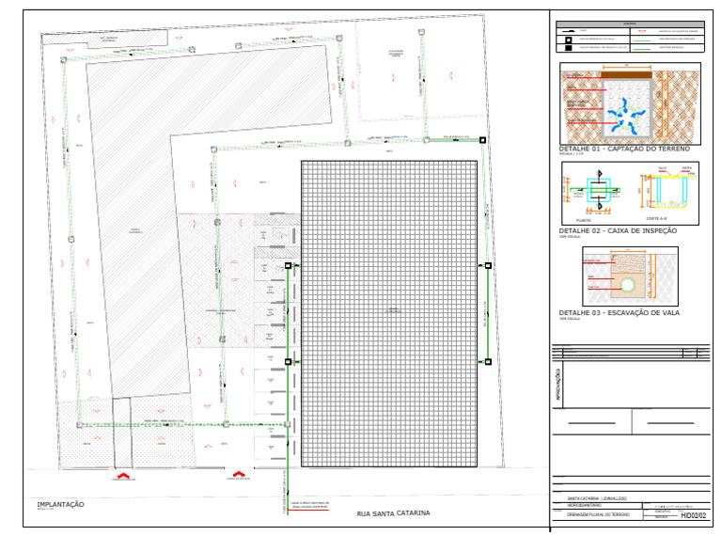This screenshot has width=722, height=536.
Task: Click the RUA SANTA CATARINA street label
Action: click(393, 513)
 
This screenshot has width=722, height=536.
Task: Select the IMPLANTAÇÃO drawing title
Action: click(60, 505)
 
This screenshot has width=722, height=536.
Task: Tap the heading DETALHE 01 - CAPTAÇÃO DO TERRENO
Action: click(624, 150)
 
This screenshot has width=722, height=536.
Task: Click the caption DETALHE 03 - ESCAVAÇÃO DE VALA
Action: click(619, 312)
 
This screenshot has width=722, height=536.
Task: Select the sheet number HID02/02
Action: click(693, 515)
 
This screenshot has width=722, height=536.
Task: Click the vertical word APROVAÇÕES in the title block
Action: click(561, 389)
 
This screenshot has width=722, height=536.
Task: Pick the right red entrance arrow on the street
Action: click(239, 474)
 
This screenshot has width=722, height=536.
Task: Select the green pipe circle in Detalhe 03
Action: click(628, 284)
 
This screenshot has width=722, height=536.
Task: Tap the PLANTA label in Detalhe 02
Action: click(584, 217)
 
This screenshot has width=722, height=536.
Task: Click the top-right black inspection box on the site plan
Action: click(482, 140)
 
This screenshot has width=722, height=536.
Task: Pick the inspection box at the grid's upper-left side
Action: click(288, 267)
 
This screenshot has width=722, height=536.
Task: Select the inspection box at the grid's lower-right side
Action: click(487, 361)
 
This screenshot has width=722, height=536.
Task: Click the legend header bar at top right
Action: click(630, 24)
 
